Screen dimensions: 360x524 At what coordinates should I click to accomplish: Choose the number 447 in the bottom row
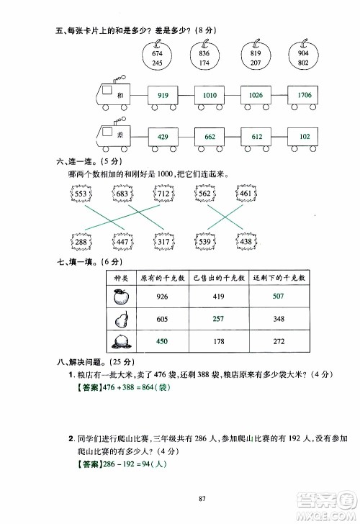122,242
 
